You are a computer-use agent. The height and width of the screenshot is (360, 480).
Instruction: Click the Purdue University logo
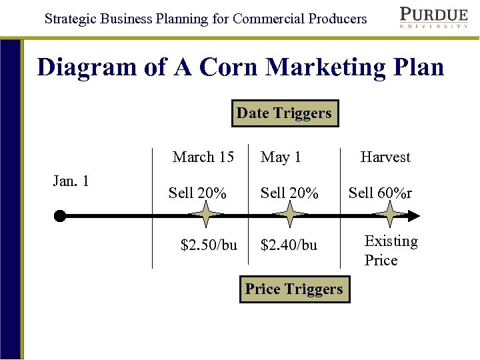tap(433, 17)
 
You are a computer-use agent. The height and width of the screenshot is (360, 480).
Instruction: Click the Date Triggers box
tap(284, 113)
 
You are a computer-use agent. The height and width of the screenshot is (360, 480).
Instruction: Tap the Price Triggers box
tap(294, 289)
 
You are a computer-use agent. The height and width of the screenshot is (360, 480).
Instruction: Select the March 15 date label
tap(203, 157)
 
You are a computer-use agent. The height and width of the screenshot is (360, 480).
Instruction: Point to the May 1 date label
tap(281, 157)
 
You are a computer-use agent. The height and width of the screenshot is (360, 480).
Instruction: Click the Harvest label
tap(385, 157)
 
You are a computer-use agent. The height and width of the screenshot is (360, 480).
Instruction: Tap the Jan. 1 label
tap(71, 181)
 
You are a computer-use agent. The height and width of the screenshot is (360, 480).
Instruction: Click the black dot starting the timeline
tap(60, 215)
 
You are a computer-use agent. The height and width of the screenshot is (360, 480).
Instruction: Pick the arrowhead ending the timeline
tap(413, 215)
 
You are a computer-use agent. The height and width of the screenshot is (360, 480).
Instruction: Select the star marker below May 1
tap(289, 215)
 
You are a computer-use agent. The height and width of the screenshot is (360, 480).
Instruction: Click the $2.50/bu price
tap(209, 245)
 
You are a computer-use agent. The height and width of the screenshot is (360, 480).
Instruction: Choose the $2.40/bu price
tap(289, 245)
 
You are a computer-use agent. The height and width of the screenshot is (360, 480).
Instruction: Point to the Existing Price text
tap(391, 251)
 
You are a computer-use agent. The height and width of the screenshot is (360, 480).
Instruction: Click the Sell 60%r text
tap(380, 193)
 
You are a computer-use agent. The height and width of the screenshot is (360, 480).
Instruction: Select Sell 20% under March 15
tap(197, 193)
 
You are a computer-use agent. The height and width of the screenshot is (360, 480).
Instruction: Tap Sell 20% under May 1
tap(289, 193)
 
